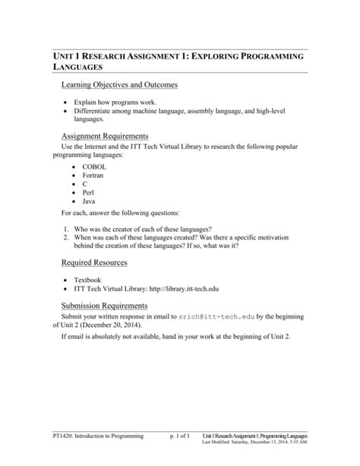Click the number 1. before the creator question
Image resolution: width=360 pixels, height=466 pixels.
click(67, 229)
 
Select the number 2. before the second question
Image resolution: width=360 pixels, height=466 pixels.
click(67, 238)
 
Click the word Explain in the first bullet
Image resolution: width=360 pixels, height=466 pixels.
click(87, 101)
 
